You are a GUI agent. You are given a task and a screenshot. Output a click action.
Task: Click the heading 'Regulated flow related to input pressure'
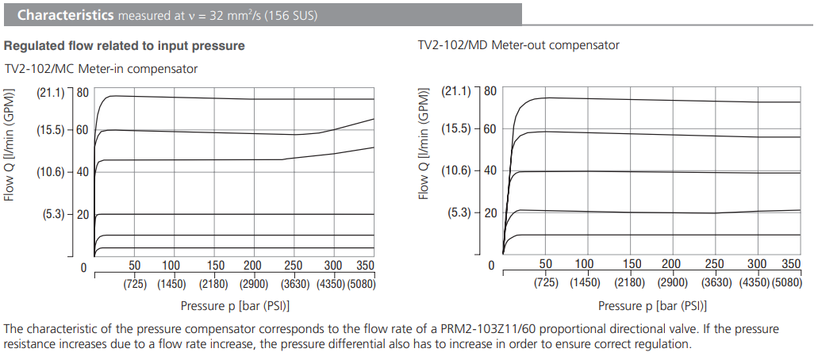point(125,46)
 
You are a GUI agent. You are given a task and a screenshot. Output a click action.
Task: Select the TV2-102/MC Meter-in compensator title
point(101,69)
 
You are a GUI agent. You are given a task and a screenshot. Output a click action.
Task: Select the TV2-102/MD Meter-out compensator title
point(518,45)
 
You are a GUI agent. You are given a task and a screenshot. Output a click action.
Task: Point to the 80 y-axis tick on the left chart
point(82,93)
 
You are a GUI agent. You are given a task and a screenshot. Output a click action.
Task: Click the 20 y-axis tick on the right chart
point(490,213)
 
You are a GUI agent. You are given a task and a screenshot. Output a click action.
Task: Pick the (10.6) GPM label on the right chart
point(457,170)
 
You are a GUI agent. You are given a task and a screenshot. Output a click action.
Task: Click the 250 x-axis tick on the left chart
point(293,266)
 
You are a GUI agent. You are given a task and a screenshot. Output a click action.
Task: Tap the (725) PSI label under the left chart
point(134,283)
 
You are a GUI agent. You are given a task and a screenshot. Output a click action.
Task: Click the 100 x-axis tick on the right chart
point(584,264)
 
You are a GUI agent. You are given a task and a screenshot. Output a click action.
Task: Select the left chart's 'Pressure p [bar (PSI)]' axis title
point(233,305)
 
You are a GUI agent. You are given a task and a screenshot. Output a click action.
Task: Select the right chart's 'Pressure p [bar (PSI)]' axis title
point(652,305)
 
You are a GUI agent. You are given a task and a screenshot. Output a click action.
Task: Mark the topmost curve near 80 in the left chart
point(238,98)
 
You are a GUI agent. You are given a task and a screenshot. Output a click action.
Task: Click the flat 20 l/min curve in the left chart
point(238,214)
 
